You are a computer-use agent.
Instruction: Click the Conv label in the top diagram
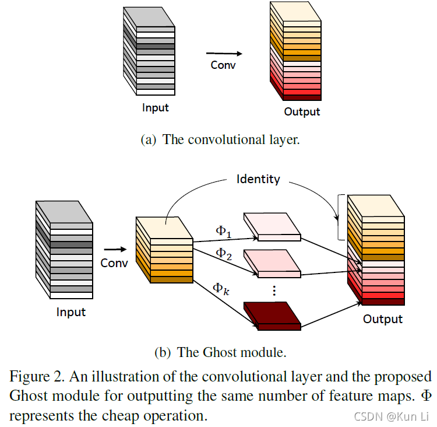tap(223, 65)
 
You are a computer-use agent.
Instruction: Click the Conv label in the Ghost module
tap(114, 262)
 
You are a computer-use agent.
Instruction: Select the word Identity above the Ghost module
tap(258, 179)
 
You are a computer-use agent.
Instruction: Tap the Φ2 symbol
tap(224, 253)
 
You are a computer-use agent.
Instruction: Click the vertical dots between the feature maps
tap(273, 289)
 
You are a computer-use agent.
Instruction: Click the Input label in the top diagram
tap(156, 108)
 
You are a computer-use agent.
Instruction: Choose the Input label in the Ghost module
tap(71, 312)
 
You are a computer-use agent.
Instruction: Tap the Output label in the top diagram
tap(302, 111)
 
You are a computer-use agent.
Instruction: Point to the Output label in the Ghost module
tap(383, 319)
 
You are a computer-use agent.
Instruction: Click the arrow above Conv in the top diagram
tap(223, 54)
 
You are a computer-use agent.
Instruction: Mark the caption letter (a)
tap(149, 140)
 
